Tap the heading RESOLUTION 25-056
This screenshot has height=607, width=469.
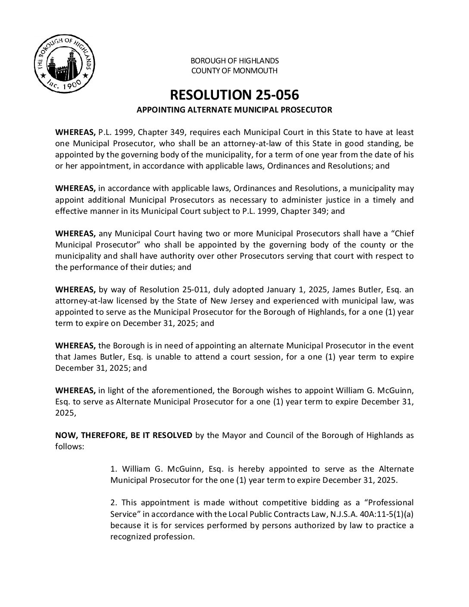coord(234,94)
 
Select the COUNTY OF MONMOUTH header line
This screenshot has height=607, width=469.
coord(234,71)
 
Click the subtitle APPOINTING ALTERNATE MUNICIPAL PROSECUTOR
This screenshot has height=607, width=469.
coord(234,110)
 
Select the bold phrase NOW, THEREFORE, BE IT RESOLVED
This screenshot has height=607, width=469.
coord(124,435)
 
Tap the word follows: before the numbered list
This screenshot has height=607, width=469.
coord(69,446)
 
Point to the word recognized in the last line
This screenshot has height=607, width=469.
coord(131,537)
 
